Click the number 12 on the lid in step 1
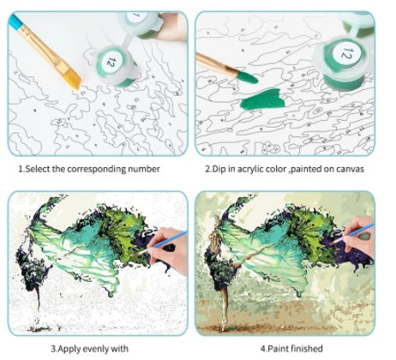(111, 61)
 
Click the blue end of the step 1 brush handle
(15, 21)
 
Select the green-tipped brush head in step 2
(248, 77)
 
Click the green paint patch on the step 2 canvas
(263, 99)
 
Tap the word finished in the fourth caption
(307, 349)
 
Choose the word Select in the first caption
(38, 169)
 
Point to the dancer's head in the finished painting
(216, 219)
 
